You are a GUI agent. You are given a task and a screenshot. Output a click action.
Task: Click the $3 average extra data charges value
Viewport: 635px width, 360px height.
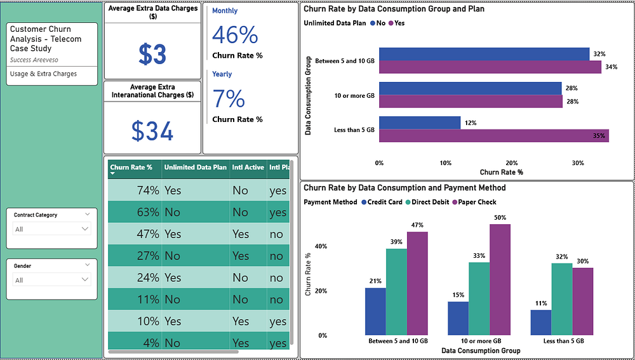click(x=152, y=54)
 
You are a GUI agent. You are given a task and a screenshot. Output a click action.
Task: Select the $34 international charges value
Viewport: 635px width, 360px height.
click(x=152, y=130)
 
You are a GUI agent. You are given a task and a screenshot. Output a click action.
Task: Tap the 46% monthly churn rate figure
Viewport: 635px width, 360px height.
click(x=235, y=34)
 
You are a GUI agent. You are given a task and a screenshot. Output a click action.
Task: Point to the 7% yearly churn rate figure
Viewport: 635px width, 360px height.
click(x=229, y=98)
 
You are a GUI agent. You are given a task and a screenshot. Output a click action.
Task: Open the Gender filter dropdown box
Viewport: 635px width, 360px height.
click(x=52, y=279)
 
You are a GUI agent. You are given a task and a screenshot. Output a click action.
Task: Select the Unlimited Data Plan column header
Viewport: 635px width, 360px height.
click(x=195, y=167)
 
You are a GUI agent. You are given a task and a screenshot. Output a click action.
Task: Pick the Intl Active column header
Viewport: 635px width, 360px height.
click(x=248, y=167)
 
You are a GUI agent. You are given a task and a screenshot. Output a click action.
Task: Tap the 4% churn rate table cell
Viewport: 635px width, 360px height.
click(x=150, y=343)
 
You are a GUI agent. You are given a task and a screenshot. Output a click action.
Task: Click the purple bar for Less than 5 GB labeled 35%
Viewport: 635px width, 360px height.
click(x=494, y=136)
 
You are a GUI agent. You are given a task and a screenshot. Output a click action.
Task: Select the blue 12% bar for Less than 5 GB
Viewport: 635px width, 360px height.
click(x=420, y=123)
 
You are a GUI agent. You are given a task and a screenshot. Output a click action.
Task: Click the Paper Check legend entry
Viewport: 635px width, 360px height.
click(x=474, y=202)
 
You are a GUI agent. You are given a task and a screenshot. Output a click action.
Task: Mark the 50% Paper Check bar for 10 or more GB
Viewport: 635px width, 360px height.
click(x=500, y=280)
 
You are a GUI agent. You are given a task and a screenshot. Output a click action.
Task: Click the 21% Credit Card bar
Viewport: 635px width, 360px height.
click(x=375, y=312)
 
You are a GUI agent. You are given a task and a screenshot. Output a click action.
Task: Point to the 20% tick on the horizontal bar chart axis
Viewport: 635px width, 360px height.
click(x=511, y=163)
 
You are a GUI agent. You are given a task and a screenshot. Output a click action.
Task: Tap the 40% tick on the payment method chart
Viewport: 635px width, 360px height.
click(x=321, y=246)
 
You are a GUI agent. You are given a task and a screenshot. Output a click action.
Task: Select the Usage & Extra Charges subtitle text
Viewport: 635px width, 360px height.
click(x=43, y=74)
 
